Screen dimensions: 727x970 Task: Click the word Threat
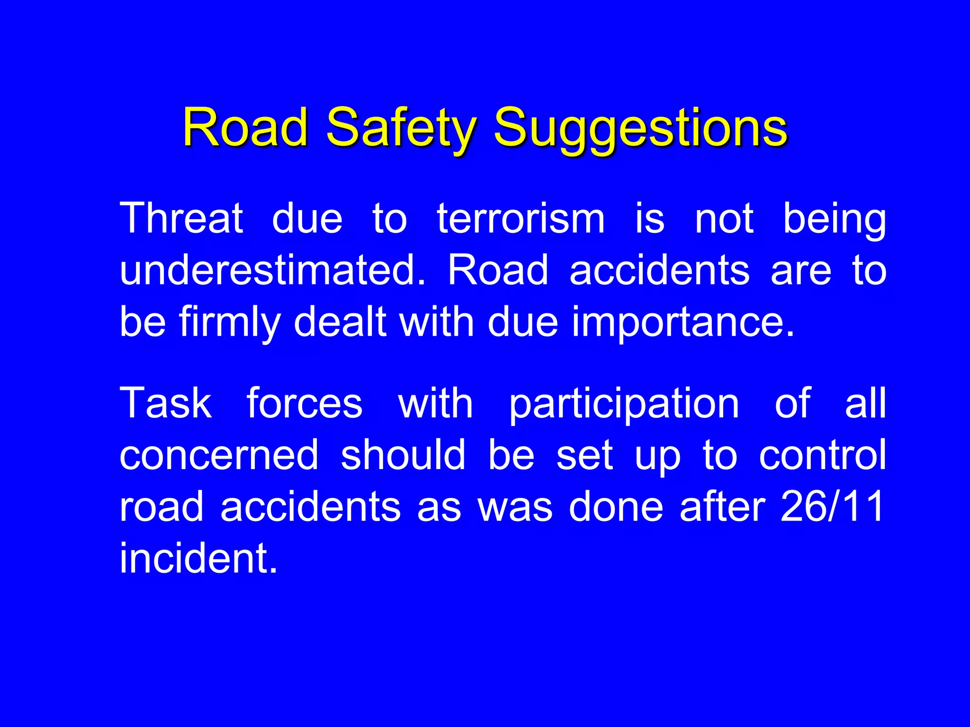[x=181, y=219]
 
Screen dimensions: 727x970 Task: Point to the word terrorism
[x=521, y=219]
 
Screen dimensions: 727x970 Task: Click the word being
[x=834, y=219]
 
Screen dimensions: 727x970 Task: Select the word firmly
[x=230, y=322]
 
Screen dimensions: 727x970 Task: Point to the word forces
[x=305, y=403]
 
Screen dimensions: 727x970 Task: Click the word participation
[x=624, y=403]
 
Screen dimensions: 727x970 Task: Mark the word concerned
[x=219, y=455]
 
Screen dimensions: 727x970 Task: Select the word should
[x=403, y=455]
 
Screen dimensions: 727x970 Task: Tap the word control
[x=822, y=455]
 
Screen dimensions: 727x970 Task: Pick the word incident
[x=198, y=559]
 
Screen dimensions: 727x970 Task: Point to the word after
[x=722, y=506]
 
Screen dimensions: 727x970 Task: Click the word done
[x=616, y=506]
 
